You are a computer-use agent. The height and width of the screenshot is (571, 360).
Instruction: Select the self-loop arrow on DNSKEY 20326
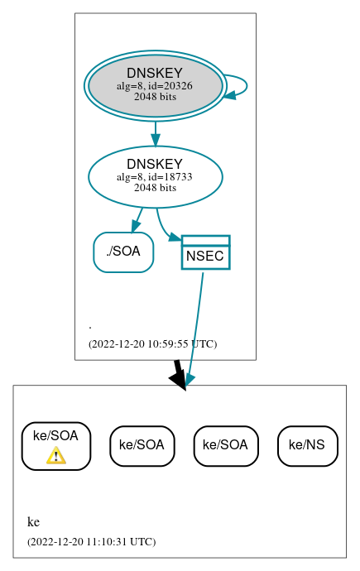point(246,86)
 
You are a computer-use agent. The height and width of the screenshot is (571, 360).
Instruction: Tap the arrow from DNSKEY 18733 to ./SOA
point(137,219)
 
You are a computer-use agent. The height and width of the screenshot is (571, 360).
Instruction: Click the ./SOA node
point(123,252)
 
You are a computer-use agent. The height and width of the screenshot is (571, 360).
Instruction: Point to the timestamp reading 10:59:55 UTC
point(152,343)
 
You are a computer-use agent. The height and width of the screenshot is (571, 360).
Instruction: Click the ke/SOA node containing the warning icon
point(55,445)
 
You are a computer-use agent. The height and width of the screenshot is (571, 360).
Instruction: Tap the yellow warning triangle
point(55,455)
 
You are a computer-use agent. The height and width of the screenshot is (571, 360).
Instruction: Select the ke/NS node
point(307,445)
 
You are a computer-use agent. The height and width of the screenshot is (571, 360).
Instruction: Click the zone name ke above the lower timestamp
point(33,522)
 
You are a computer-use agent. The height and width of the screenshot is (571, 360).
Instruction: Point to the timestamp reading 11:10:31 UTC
point(91,542)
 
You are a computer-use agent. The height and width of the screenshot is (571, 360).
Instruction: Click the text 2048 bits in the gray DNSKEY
point(155,96)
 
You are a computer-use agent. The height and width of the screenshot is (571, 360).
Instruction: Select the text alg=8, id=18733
point(155,177)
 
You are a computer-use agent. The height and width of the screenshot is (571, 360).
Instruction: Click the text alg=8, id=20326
point(155,86)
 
